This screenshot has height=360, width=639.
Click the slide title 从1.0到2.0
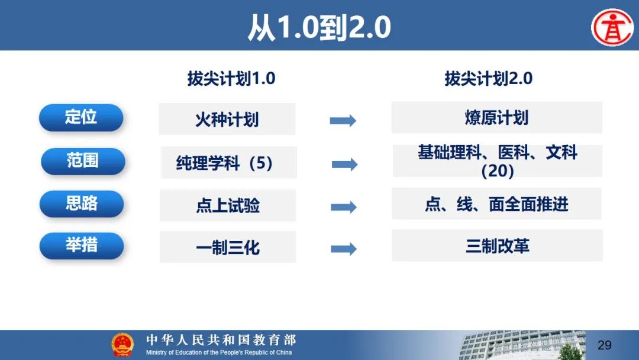tap(319, 27)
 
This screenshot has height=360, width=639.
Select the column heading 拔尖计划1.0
tap(231, 78)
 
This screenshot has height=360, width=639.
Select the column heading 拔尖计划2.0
tap(488, 78)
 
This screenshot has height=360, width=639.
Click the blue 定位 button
tap(81, 117)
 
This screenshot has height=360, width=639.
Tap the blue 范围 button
tap(83, 161)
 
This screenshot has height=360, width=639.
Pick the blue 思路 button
tap(82, 204)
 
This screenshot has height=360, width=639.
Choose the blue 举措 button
tap(82, 246)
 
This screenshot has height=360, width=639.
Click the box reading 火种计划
tap(227, 119)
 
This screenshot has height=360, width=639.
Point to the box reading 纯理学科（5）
tap(228, 162)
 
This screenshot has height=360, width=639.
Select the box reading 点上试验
tap(228, 205)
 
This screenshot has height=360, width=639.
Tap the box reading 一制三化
tap(228, 247)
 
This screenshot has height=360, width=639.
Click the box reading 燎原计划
tap(497, 117)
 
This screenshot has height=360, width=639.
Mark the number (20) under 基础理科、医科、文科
tap(498, 171)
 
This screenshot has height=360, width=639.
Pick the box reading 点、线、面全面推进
tap(497, 204)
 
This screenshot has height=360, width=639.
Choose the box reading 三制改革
tap(497, 246)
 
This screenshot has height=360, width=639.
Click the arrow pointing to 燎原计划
tap(343, 121)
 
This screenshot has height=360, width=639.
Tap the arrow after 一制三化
tap(344, 249)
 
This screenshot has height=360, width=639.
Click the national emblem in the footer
tap(122, 345)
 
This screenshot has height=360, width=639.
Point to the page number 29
tap(604, 345)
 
